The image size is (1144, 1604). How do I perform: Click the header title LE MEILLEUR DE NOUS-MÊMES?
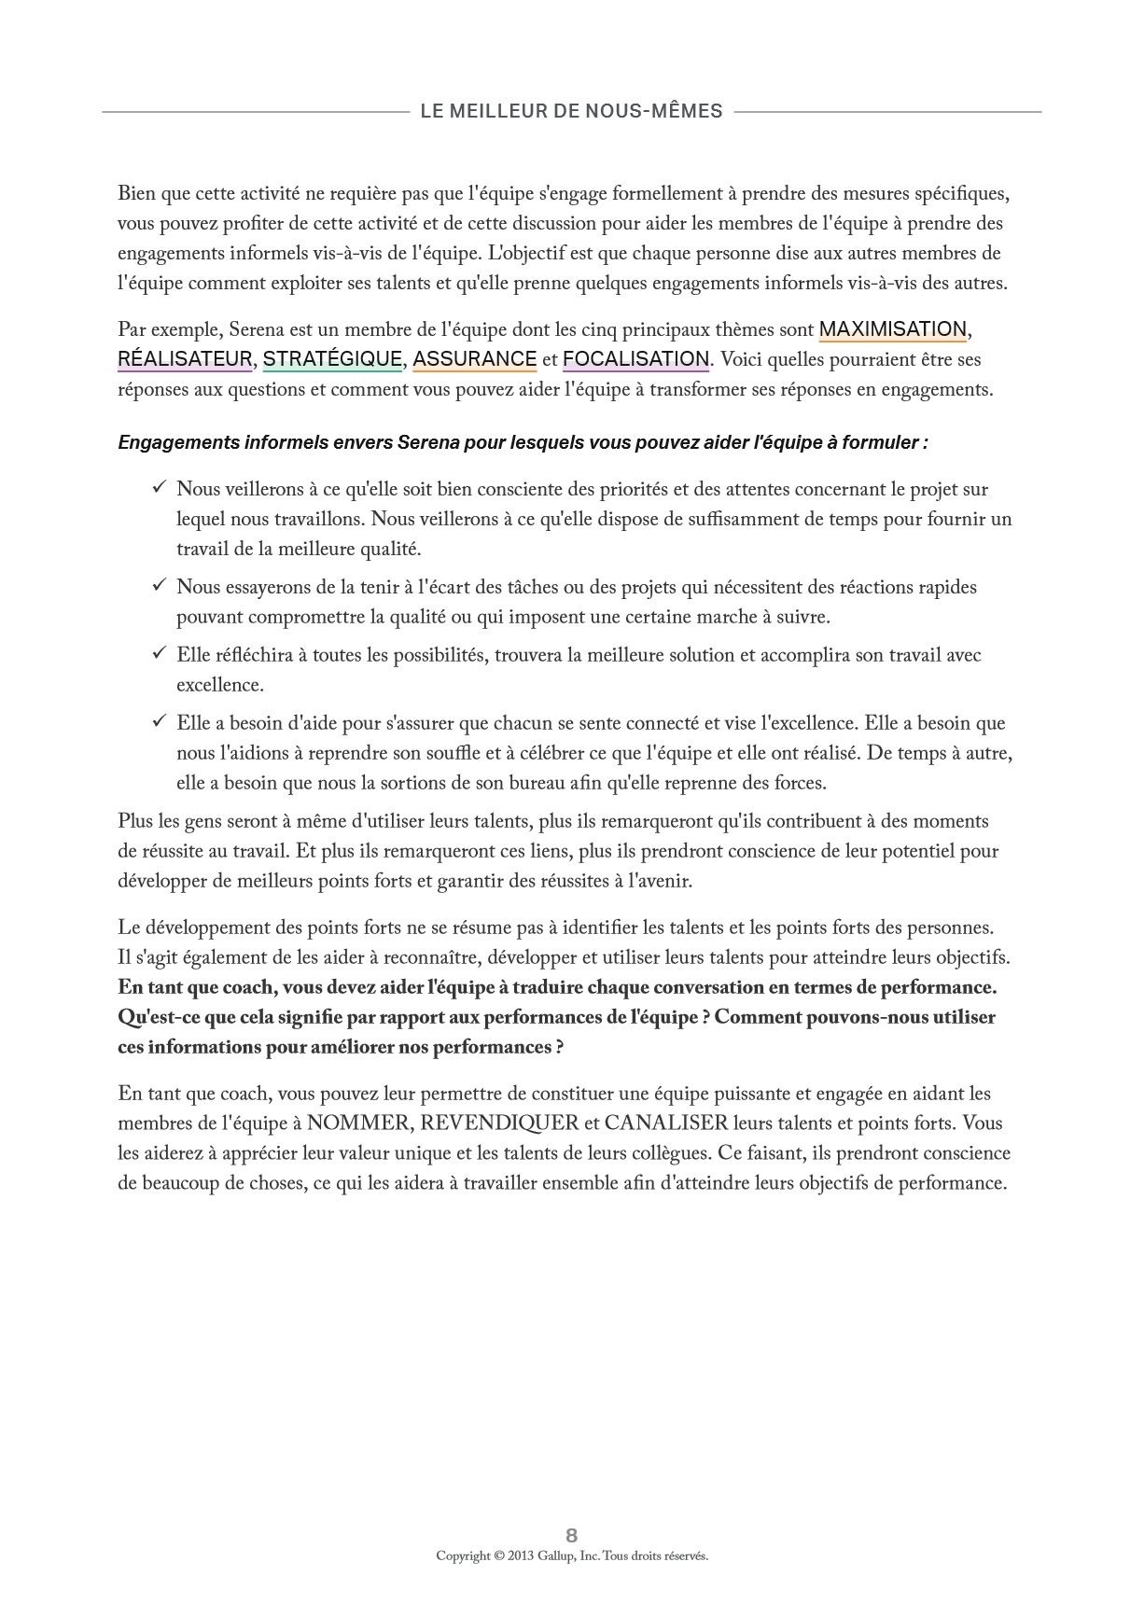[x=571, y=111]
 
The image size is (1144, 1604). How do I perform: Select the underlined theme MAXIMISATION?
[x=892, y=329]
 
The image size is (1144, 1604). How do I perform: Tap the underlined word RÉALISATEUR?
[x=185, y=359]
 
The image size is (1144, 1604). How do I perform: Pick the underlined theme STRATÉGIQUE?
[x=332, y=359]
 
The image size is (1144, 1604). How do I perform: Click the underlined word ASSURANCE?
[x=474, y=359]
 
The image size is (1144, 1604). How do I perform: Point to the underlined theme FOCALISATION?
[x=635, y=359]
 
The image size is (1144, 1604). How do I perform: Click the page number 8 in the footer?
[x=572, y=1535]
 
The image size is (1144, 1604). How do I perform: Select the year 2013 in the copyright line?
[x=521, y=1555]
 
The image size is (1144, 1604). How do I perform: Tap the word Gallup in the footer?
[x=555, y=1555]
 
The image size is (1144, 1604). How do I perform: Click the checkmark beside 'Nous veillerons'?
[x=160, y=488]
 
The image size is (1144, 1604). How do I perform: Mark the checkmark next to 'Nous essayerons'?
[x=160, y=586]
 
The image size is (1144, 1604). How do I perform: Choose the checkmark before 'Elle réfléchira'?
[x=160, y=654]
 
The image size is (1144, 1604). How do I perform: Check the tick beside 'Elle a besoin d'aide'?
[x=160, y=722]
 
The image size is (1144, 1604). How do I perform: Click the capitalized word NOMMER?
[x=357, y=1123]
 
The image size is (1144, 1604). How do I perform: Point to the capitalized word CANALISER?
[x=666, y=1123]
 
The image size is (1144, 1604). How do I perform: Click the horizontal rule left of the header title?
[x=256, y=112]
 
